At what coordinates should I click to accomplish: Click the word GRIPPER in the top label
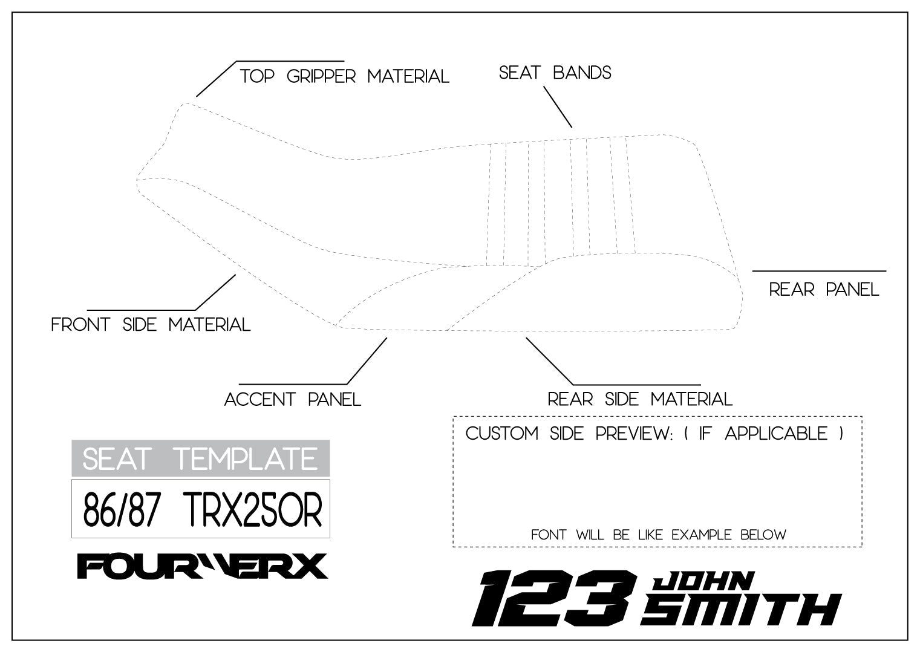[321, 77]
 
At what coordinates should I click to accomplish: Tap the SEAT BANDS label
[555, 73]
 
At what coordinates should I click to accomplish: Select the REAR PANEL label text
[824, 290]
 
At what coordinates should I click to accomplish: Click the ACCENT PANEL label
[293, 400]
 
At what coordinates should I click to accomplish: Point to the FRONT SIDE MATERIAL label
[151, 325]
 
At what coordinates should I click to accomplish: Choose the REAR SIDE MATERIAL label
[640, 400]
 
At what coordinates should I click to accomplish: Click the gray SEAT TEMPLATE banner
[200, 458]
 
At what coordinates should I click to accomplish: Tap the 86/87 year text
[121, 510]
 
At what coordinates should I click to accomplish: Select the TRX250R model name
[252, 510]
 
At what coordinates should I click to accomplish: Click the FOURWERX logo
[203, 566]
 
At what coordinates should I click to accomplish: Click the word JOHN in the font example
[703, 581]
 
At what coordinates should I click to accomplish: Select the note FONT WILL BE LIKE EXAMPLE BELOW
[658, 535]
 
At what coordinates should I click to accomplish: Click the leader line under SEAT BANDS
[558, 106]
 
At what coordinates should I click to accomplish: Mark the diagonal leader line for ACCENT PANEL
[367, 361]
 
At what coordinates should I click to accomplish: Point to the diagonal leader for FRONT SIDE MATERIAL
[215, 292]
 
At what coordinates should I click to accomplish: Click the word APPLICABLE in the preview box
[776, 434]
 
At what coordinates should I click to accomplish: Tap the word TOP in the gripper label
[257, 77]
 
